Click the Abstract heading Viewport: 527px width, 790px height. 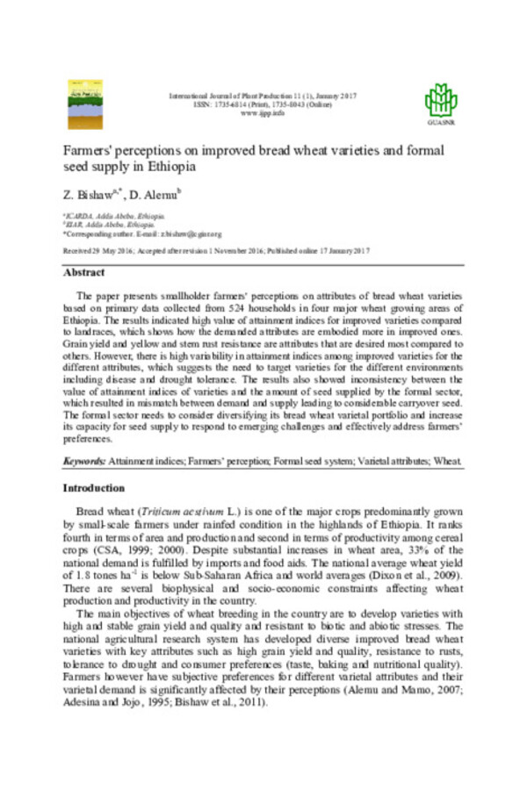pos(85,272)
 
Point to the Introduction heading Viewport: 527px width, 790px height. pos(93,487)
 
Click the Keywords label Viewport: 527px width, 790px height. pos(84,461)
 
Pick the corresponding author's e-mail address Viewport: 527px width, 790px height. pos(195,234)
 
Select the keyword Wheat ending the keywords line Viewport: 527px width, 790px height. pos(446,461)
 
